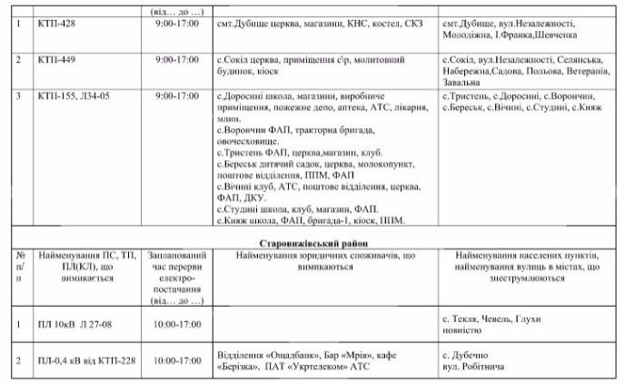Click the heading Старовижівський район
pyautogui.click(x=312, y=244)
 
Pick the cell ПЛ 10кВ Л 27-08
pyautogui.click(x=77, y=321)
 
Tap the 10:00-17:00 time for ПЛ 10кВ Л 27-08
pyautogui.click(x=177, y=321)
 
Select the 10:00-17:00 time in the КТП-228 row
pyautogui.click(x=177, y=360)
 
